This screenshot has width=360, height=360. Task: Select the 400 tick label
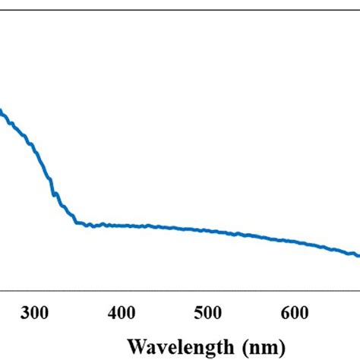pos(121,312)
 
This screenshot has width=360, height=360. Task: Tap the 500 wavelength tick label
pos(207,312)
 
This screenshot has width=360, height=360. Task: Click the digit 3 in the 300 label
pos(26,312)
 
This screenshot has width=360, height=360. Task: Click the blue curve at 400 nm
pos(121,225)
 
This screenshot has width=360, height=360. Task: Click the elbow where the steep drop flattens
pos(77,222)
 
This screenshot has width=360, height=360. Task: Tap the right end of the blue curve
pos(358,255)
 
